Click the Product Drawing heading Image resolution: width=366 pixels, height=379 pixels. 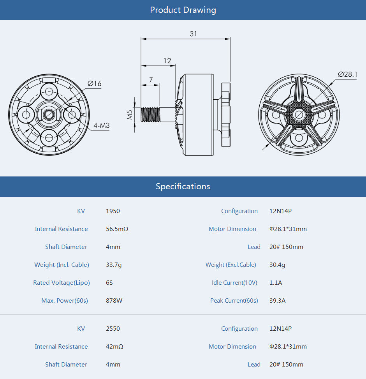click(183, 10)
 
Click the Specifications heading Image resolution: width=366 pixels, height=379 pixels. click(183, 186)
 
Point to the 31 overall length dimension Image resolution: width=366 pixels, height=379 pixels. click(193, 34)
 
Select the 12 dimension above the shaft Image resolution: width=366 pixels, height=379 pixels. click(167, 61)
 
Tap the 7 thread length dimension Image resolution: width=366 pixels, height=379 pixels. click(151, 80)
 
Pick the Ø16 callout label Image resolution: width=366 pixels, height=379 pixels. click(94, 84)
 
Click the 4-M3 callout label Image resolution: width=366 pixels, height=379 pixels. click(101, 126)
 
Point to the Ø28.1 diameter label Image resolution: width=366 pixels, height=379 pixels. click(347, 74)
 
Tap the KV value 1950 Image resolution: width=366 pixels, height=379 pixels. click(113, 211)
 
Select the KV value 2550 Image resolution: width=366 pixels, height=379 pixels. click(113, 329)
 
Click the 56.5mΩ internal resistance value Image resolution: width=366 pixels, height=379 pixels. click(117, 229)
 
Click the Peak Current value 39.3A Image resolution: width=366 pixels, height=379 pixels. click(277, 301)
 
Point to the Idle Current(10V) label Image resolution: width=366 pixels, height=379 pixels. click(234, 283)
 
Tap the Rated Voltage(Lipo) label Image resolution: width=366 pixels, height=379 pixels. click(62, 283)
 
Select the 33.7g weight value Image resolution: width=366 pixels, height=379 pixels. click(114, 265)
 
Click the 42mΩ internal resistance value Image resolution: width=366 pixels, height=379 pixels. click(114, 347)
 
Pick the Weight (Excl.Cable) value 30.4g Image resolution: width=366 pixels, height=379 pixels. click(277, 265)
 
